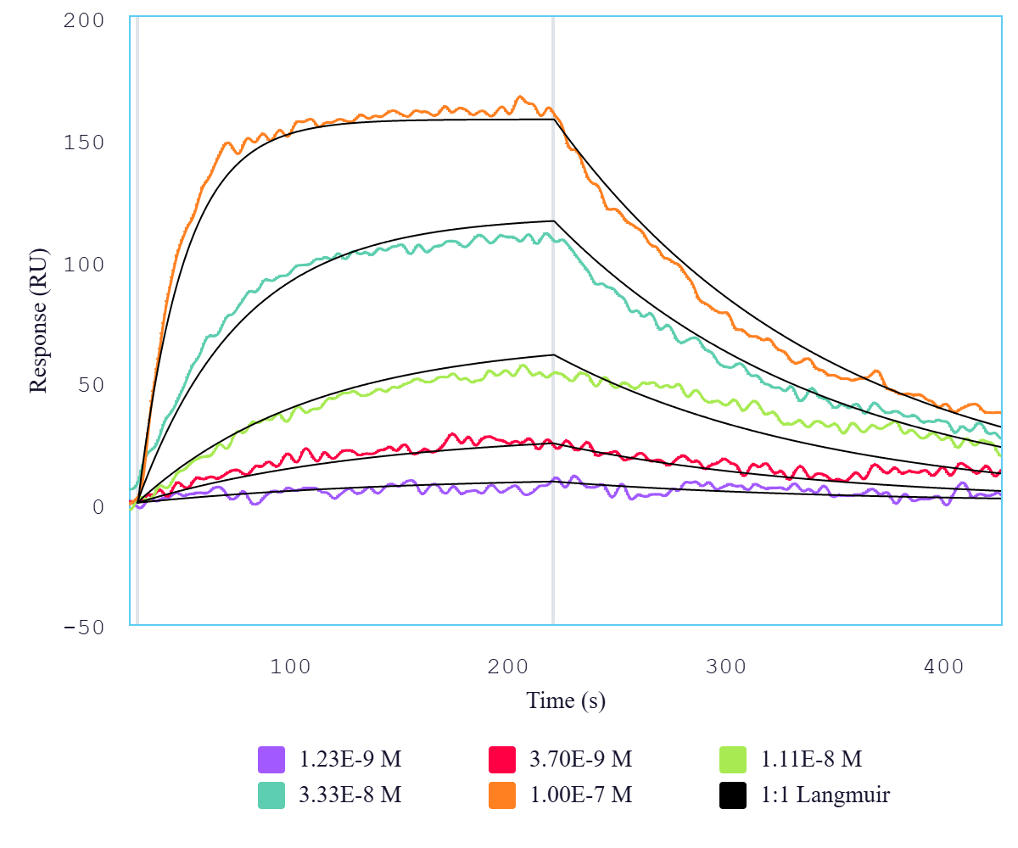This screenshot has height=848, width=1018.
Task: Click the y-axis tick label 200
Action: (84, 20)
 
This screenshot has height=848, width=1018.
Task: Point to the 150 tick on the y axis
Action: (84, 142)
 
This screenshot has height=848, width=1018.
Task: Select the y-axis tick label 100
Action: (84, 264)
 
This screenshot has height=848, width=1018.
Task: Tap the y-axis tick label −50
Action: (84, 628)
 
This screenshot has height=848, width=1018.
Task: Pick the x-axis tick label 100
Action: (291, 667)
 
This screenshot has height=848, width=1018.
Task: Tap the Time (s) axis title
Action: (566, 701)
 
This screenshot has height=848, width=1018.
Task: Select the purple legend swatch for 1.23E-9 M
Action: (271, 759)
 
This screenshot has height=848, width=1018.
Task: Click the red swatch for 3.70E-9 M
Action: (502, 759)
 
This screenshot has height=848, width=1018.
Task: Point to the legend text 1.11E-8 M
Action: (811, 759)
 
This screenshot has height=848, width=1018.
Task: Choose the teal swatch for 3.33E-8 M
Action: (271, 795)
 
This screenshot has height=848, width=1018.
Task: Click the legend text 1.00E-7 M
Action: (581, 795)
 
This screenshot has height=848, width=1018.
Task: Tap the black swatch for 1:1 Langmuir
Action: (733, 795)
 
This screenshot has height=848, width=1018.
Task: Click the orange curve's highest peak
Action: (520, 97)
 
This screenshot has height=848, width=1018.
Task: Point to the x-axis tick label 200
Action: (509, 667)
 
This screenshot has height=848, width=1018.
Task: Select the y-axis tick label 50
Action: (91, 385)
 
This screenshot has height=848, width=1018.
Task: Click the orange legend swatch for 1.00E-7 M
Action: (502, 795)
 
